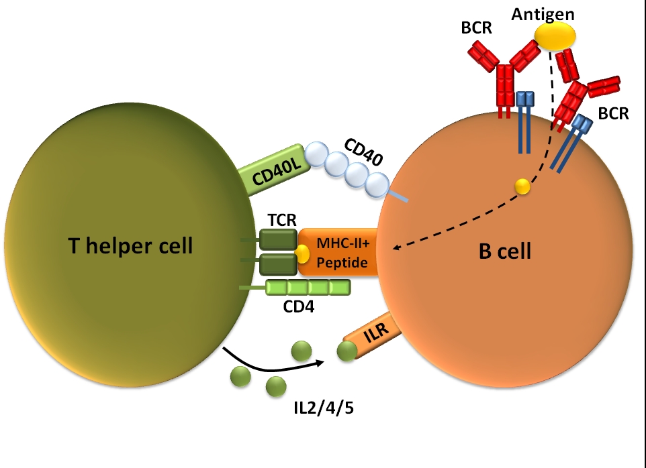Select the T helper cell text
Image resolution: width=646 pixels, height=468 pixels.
(130, 246)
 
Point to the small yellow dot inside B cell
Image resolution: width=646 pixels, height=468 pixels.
(522, 187)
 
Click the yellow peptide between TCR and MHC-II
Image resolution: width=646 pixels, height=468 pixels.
(302, 254)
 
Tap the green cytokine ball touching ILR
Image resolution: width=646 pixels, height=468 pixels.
(347, 351)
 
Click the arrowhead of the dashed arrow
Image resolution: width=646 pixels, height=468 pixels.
(396, 249)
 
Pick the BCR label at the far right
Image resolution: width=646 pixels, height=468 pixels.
(613, 113)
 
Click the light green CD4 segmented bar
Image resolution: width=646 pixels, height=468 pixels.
(308, 288)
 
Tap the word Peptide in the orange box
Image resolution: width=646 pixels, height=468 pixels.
(343, 263)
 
